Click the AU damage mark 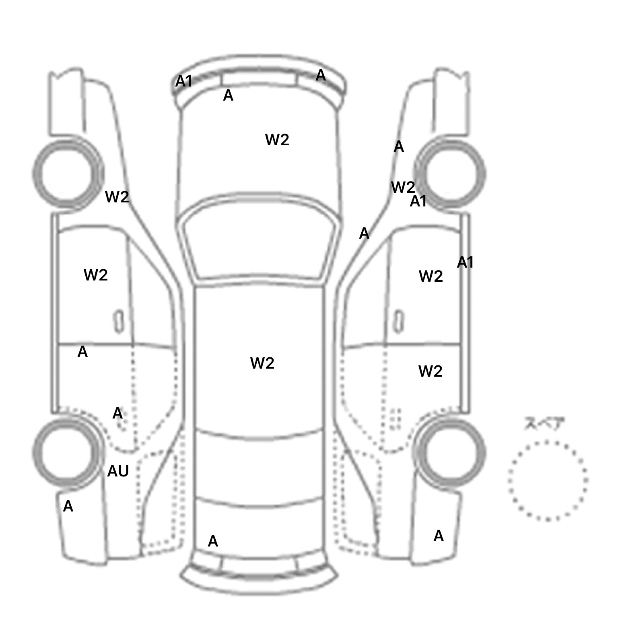point(118,471)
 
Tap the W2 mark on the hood point(277,140)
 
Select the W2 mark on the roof point(262,363)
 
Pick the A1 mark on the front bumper point(183,82)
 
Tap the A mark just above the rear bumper point(213,542)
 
